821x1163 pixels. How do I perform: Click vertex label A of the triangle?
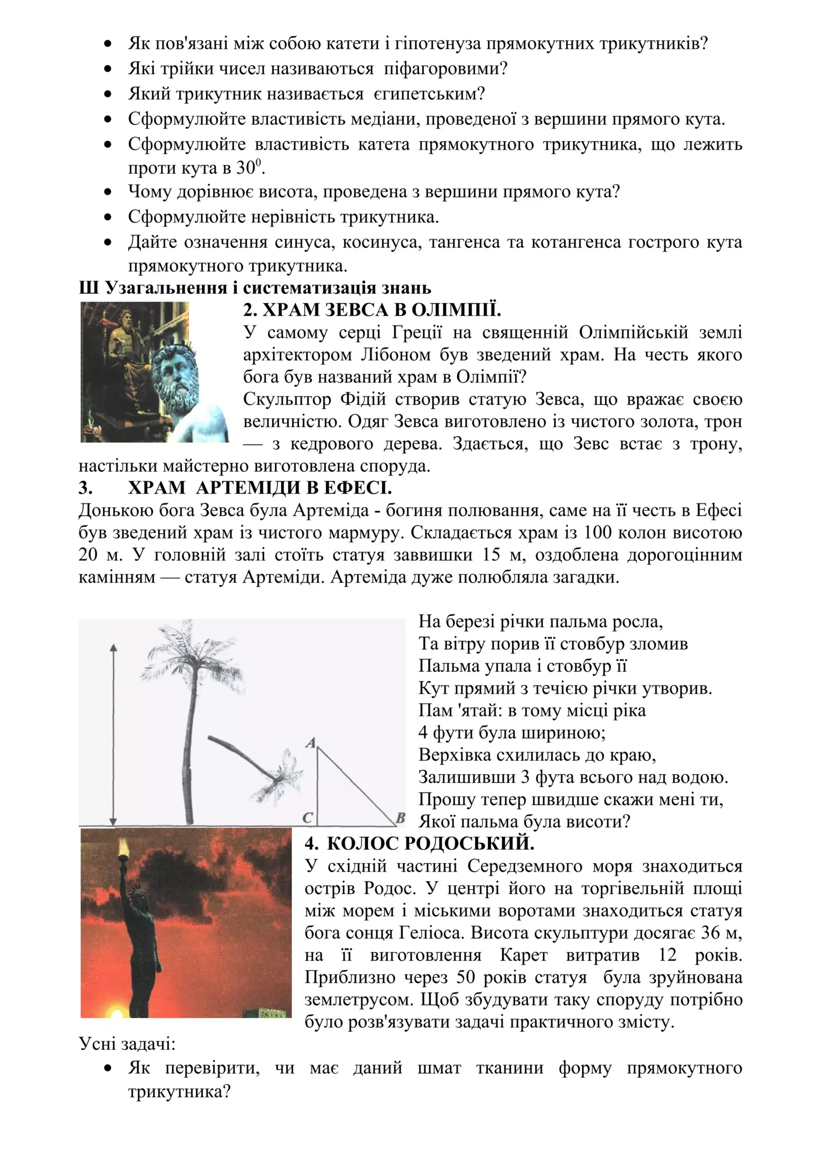coord(311,743)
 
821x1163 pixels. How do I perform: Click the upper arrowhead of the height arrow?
coord(113,648)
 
